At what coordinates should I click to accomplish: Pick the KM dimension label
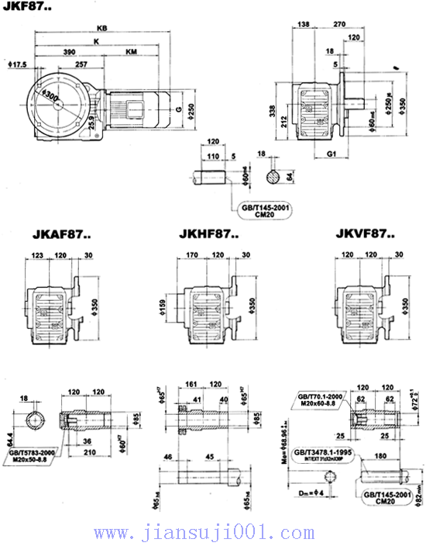[132, 50]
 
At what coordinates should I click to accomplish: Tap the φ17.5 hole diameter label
[17, 64]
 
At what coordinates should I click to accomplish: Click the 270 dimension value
[338, 25]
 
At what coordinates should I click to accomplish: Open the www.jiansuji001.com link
[213, 533]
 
